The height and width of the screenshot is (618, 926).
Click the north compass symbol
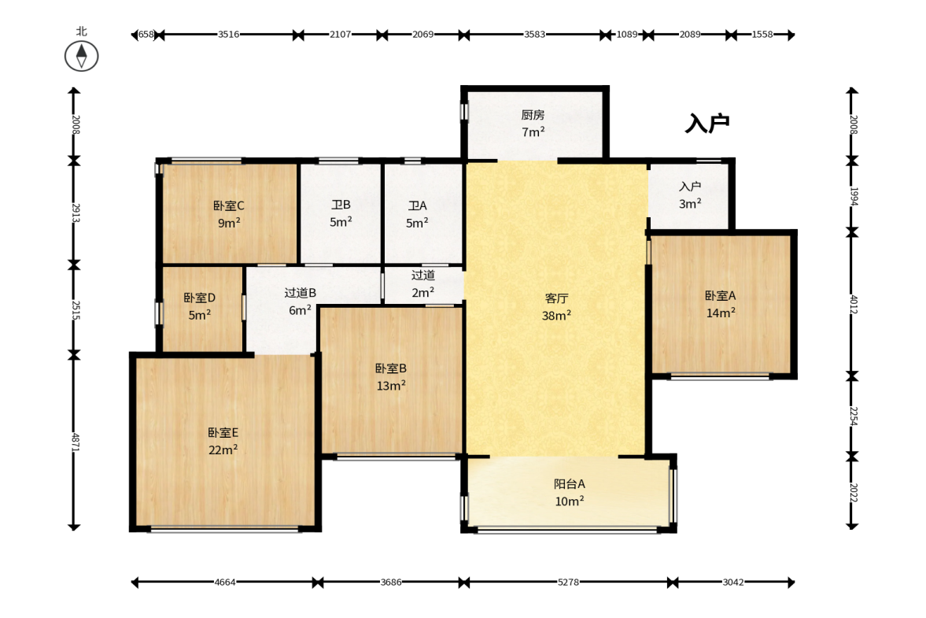point(82,57)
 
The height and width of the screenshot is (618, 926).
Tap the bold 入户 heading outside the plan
point(707,124)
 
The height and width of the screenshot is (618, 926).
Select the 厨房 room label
point(533,115)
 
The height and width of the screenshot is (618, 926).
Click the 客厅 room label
point(556,298)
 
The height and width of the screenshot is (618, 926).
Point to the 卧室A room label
point(721,295)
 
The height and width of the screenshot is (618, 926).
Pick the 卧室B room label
point(391,368)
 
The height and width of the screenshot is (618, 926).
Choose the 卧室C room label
point(228,205)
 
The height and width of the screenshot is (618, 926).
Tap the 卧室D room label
point(200,298)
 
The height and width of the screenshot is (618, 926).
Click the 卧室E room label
point(223,432)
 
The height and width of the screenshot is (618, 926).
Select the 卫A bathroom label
point(417,205)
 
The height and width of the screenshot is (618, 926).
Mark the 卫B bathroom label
point(341,205)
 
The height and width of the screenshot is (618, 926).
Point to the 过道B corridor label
point(300,292)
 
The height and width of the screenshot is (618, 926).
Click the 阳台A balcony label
point(570,484)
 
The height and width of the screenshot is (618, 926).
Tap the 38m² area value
point(556,316)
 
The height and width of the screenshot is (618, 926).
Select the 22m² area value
point(223,450)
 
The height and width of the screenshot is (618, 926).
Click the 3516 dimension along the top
point(228,35)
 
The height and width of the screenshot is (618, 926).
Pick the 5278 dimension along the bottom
point(568,582)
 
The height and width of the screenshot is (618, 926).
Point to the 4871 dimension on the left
point(75,442)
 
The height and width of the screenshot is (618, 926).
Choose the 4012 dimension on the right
point(854,304)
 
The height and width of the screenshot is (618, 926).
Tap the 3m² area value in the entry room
point(690,204)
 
